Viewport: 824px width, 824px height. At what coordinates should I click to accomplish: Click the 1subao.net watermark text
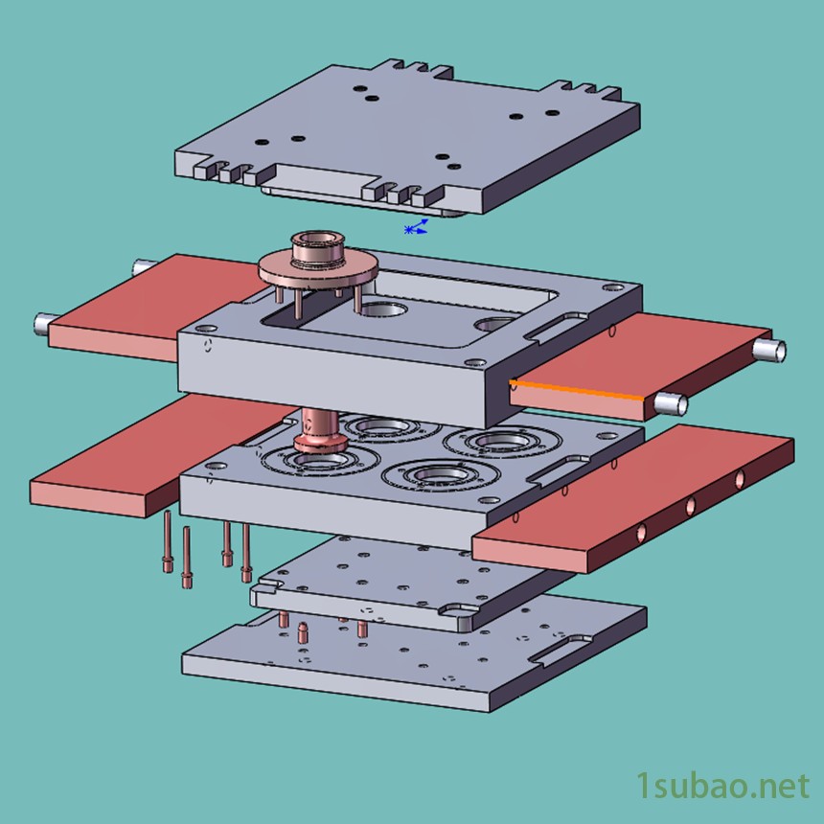pos(723,787)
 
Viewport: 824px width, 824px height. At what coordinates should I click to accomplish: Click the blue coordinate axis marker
pos(416,227)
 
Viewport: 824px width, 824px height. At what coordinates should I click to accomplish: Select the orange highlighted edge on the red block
pos(576,389)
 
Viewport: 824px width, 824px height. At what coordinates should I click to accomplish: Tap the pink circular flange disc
pos(318,269)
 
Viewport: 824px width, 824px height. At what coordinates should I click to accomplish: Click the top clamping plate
pos(407,138)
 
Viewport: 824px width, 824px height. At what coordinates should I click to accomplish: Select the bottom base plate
pos(414,654)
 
